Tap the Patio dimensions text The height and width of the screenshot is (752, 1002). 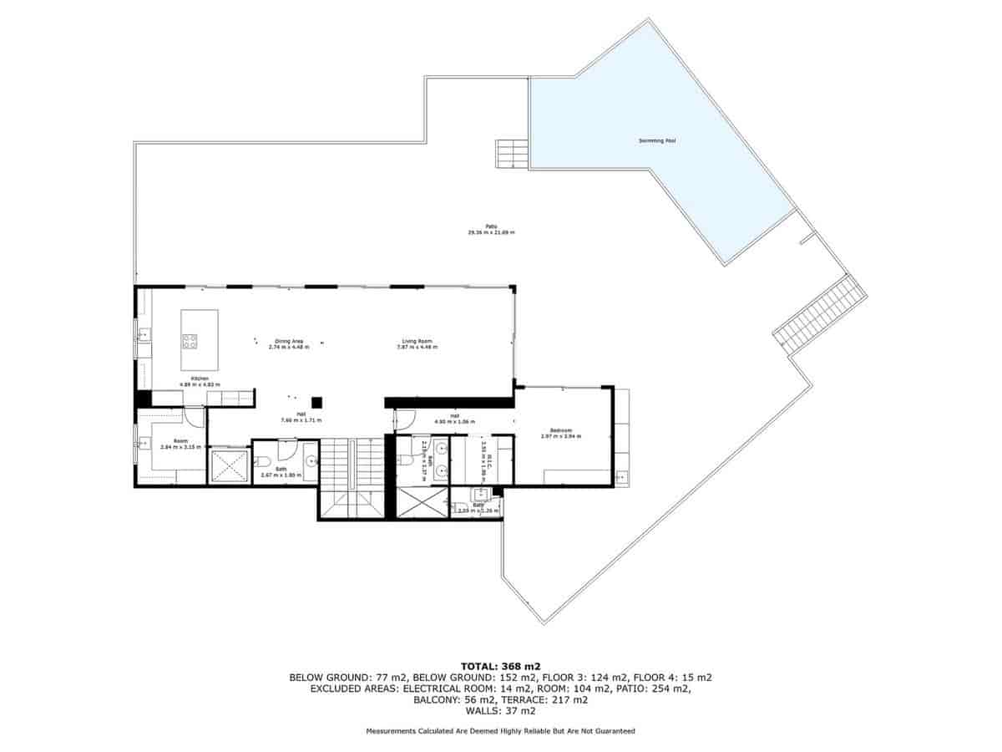tap(491, 232)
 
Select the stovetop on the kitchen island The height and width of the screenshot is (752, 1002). tap(190, 340)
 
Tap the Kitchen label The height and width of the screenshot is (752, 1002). tap(199, 379)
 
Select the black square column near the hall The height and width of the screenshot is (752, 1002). tap(317, 402)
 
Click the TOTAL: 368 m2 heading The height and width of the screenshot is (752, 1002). tap(501, 666)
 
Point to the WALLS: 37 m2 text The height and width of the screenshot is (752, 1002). tap(501, 712)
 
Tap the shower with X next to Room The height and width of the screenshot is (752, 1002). tap(229, 466)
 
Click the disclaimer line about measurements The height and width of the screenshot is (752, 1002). tap(501, 731)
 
